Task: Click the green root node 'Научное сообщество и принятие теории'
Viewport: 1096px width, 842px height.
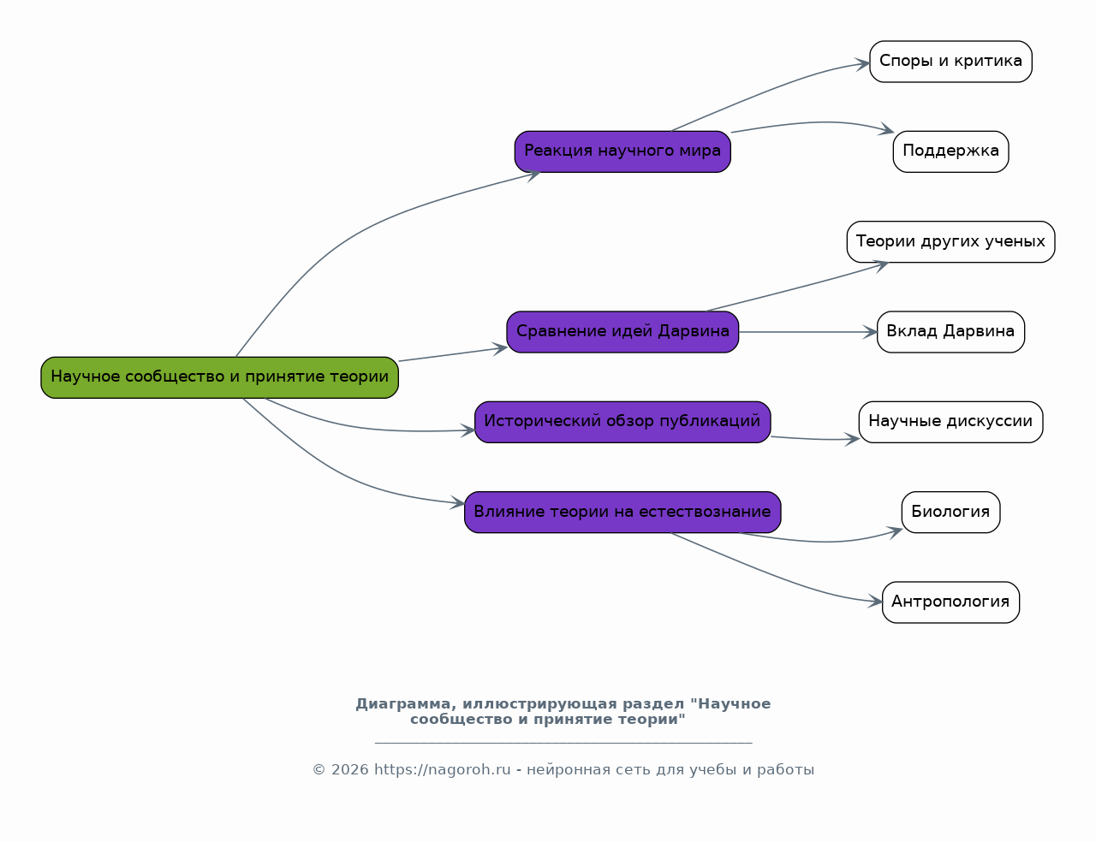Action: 219,377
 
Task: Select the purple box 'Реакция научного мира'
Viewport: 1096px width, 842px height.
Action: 622,151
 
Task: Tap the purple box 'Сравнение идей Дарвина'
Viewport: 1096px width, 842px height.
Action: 622,332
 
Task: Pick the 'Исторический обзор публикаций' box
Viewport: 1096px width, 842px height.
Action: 622,422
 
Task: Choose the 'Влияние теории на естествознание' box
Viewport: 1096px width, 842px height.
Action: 622,512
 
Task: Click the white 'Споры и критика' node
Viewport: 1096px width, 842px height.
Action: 950,62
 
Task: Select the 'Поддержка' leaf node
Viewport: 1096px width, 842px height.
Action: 950,151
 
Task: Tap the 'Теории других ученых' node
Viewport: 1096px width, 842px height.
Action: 950,242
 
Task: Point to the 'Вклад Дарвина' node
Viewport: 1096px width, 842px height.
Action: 950,332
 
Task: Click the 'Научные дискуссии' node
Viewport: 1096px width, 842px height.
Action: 950,422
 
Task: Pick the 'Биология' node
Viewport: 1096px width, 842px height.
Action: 950,512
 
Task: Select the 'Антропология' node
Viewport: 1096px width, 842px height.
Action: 950,602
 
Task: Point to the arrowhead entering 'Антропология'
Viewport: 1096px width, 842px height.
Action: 875,601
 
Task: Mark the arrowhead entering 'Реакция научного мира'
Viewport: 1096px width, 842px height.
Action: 533,175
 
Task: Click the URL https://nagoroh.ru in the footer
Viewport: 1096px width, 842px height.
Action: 443,769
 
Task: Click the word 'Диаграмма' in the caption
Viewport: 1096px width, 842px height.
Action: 402,704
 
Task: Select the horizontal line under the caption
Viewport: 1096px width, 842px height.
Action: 563,742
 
